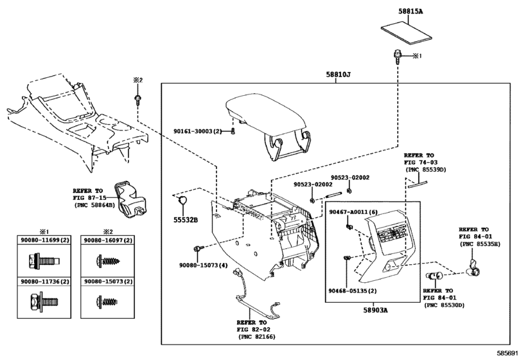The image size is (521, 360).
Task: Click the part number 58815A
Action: (411, 12)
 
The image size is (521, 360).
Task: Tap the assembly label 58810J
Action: (339, 75)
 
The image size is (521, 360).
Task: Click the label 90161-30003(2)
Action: (197, 131)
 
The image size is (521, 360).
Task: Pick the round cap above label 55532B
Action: (182, 201)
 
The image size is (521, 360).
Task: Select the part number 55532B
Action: (185, 220)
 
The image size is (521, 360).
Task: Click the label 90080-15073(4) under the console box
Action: (204, 265)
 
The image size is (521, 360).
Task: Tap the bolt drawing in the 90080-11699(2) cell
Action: (44, 260)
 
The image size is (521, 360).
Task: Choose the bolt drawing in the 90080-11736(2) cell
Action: (44, 301)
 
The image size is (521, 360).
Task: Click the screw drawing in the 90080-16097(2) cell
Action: (107, 260)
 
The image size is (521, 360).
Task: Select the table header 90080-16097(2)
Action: (108, 240)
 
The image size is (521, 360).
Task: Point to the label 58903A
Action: (375, 310)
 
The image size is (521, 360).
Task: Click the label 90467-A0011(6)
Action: (353, 212)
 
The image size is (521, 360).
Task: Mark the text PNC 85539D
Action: (427, 170)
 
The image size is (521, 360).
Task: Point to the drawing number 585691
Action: (508, 353)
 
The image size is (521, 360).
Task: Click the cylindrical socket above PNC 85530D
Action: (433, 276)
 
